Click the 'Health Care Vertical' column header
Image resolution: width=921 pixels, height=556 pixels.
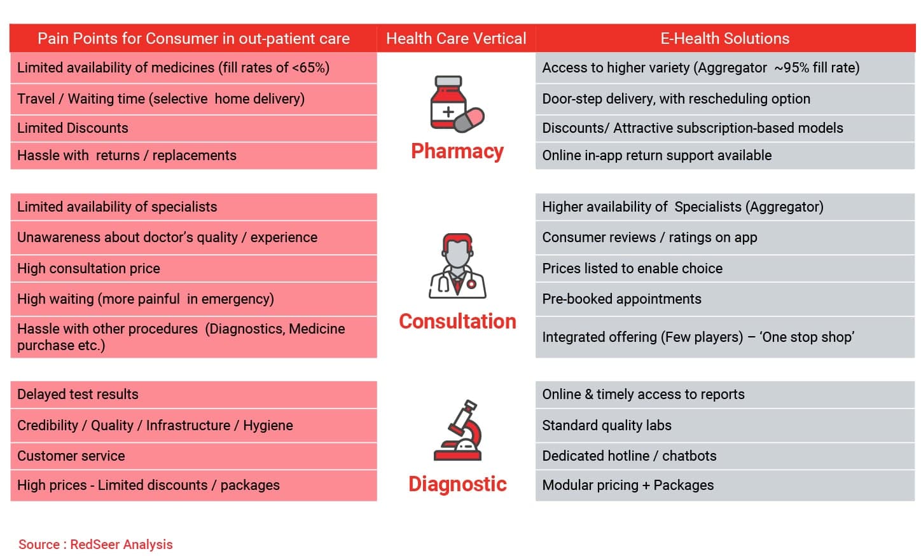[456, 39]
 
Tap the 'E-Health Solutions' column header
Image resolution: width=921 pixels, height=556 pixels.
[725, 39]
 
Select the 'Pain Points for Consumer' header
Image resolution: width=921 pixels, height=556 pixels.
[193, 39]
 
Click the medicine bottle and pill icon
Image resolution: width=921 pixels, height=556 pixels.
[457, 104]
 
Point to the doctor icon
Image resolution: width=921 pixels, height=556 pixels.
[457, 266]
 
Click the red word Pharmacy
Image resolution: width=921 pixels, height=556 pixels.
[457, 151]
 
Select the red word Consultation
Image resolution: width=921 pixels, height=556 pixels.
[457, 321]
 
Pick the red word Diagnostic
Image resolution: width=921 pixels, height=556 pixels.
[457, 484]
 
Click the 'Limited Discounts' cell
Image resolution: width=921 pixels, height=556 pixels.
[193, 128]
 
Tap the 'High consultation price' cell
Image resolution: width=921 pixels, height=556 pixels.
[193, 269]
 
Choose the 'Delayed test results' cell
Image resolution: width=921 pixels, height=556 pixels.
[193, 395]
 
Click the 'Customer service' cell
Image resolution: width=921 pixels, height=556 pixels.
[193, 456]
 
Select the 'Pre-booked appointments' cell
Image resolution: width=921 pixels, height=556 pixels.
[725, 299]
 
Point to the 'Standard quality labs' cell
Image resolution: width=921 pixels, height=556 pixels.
[725, 425]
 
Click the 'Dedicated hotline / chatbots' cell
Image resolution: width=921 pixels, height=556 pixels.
[725, 456]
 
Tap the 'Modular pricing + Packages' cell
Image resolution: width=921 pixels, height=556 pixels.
[725, 485]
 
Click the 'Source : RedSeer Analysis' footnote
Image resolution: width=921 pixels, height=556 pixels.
[95, 545]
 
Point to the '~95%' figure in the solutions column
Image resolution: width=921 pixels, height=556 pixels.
[792, 68]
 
